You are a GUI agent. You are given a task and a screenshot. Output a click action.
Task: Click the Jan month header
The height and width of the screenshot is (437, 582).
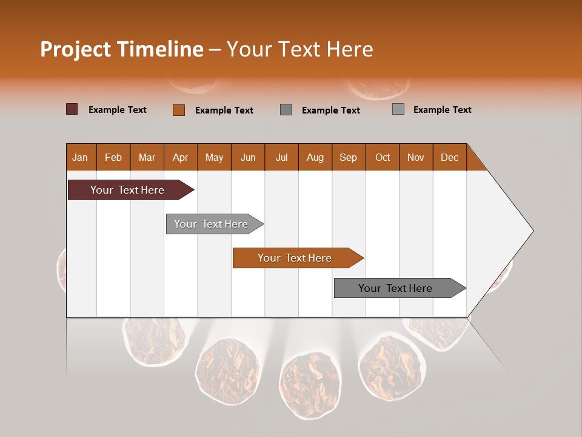tap(81, 157)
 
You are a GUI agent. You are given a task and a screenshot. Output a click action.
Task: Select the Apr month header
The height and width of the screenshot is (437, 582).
tap(181, 157)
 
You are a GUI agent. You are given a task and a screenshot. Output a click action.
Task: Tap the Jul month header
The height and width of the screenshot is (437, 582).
tap(282, 157)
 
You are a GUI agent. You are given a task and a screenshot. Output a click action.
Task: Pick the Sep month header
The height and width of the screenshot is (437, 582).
tap(349, 157)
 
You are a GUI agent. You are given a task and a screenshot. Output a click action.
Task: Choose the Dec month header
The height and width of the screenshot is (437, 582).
tap(449, 157)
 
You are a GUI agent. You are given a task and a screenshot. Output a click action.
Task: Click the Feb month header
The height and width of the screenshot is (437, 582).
tap(113, 157)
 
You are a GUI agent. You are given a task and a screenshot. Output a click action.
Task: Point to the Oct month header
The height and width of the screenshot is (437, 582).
tap(383, 157)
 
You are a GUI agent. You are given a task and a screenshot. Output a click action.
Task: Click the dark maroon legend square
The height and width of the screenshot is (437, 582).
tap(72, 109)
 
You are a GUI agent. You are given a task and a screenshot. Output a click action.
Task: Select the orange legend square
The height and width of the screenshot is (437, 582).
tap(179, 110)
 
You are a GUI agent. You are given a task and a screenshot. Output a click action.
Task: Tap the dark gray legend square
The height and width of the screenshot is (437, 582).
tap(286, 110)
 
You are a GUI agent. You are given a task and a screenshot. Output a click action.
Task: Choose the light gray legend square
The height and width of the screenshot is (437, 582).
tap(398, 109)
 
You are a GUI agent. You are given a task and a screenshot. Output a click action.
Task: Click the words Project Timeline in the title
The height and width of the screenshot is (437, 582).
tap(122, 49)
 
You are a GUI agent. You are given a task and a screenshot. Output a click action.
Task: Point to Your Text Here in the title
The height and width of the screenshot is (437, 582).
tap(299, 49)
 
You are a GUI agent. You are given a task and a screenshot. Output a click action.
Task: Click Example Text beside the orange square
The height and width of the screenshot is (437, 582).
tap(224, 110)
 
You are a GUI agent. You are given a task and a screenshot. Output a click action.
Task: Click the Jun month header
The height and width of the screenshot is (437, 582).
tap(248, 157)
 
